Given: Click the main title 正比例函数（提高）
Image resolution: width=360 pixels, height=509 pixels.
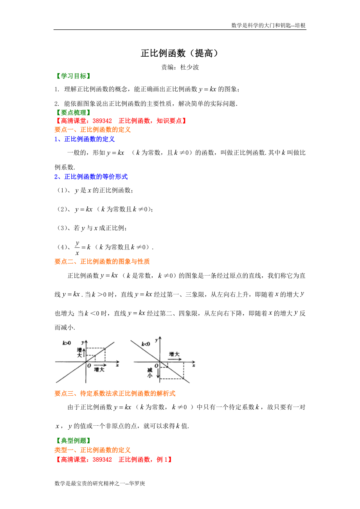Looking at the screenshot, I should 180,54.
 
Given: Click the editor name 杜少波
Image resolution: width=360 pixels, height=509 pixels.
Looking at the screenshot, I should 190,67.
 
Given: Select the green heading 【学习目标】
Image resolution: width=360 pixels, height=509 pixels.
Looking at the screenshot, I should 72,76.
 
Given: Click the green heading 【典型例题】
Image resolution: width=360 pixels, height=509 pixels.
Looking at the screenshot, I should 72,441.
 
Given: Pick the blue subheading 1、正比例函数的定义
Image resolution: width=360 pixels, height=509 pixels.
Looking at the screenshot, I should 85,139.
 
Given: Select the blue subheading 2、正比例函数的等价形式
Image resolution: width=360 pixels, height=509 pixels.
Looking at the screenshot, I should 91,177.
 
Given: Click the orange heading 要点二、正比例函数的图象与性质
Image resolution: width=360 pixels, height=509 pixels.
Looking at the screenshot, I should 102,262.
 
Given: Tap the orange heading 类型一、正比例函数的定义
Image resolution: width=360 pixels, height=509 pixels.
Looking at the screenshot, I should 92,450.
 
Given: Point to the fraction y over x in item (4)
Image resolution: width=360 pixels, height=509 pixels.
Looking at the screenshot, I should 77,248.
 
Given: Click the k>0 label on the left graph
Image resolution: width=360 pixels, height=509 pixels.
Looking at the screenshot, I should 67,343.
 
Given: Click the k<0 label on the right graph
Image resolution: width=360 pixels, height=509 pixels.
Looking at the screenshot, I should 146,344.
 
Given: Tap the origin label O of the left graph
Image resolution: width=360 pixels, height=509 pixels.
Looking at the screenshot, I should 89,366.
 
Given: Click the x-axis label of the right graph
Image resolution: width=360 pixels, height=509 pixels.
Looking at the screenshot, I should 193,366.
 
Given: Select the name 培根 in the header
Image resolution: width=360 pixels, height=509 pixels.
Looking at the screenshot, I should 300,25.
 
